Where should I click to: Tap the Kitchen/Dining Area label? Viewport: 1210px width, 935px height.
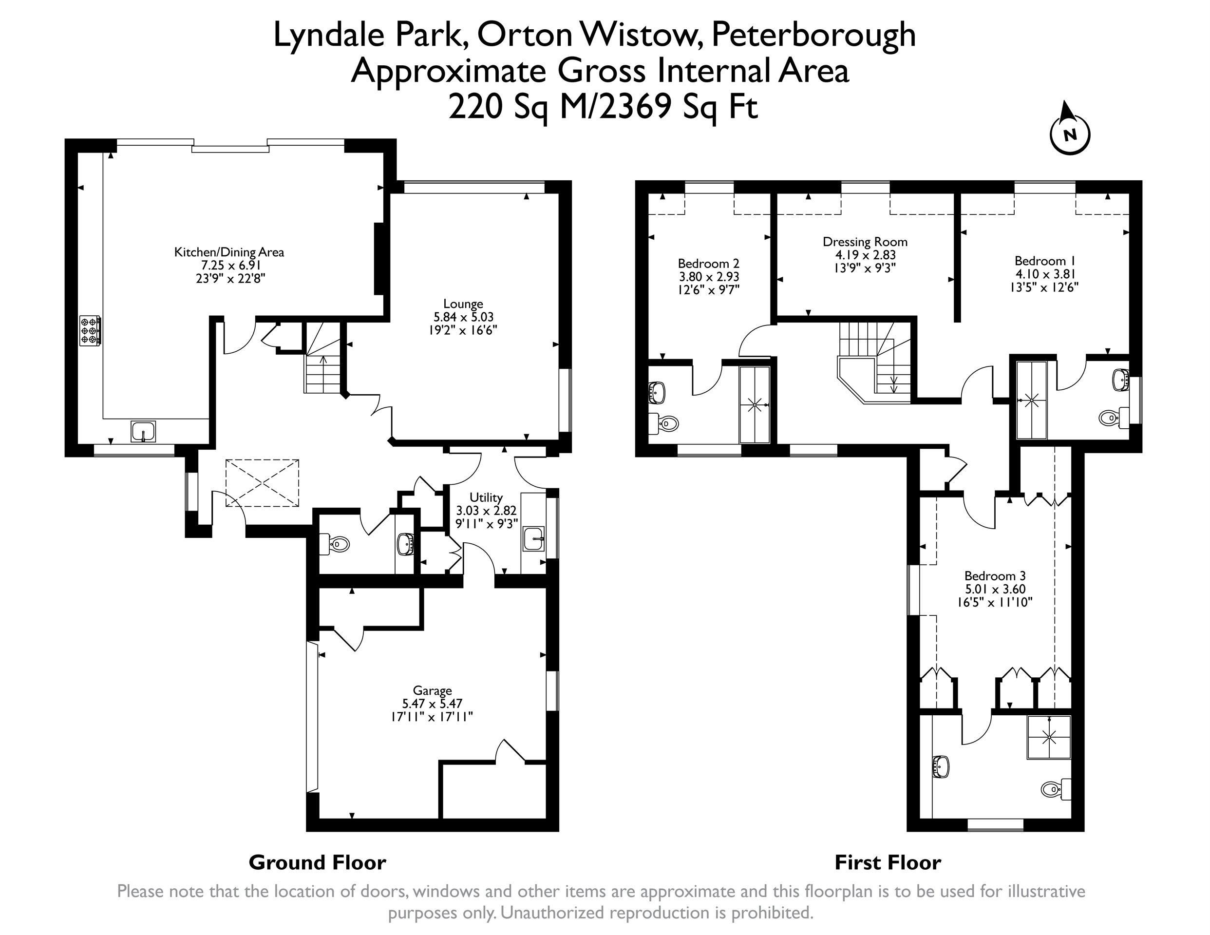click(229, 265)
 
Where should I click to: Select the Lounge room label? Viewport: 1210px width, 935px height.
click(463, 317)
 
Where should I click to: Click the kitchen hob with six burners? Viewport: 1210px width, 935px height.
click(90, 330)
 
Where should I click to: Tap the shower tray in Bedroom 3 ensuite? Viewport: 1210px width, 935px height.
click(1049, 737)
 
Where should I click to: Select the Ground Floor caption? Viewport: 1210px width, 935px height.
click(318, 862)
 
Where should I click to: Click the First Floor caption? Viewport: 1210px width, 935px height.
click(888, 862)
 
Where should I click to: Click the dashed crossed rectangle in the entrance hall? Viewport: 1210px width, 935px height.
click(262, 482)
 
